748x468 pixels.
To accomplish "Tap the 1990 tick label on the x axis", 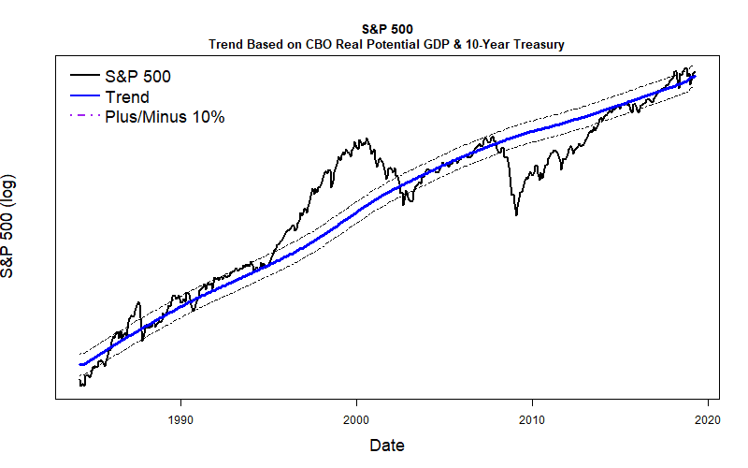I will [180, 419].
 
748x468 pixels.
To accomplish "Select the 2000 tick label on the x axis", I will [356, 419].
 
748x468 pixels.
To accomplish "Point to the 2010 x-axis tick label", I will [532, 419].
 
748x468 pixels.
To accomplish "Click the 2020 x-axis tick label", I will [708, 419].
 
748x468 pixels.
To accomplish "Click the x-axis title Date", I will [386, 445].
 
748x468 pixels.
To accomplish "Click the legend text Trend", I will [127, 96].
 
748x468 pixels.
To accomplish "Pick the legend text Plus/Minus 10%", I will [165, 117].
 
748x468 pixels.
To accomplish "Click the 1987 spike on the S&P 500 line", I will [137, 302].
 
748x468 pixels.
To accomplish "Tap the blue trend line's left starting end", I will [80, 364].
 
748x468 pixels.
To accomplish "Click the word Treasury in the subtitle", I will [538, 44].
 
